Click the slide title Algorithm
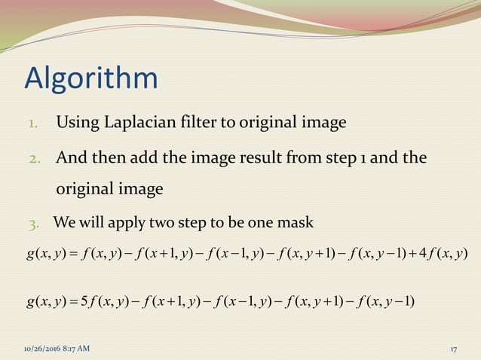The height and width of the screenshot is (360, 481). pyautogui.click(x=91, y=78)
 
